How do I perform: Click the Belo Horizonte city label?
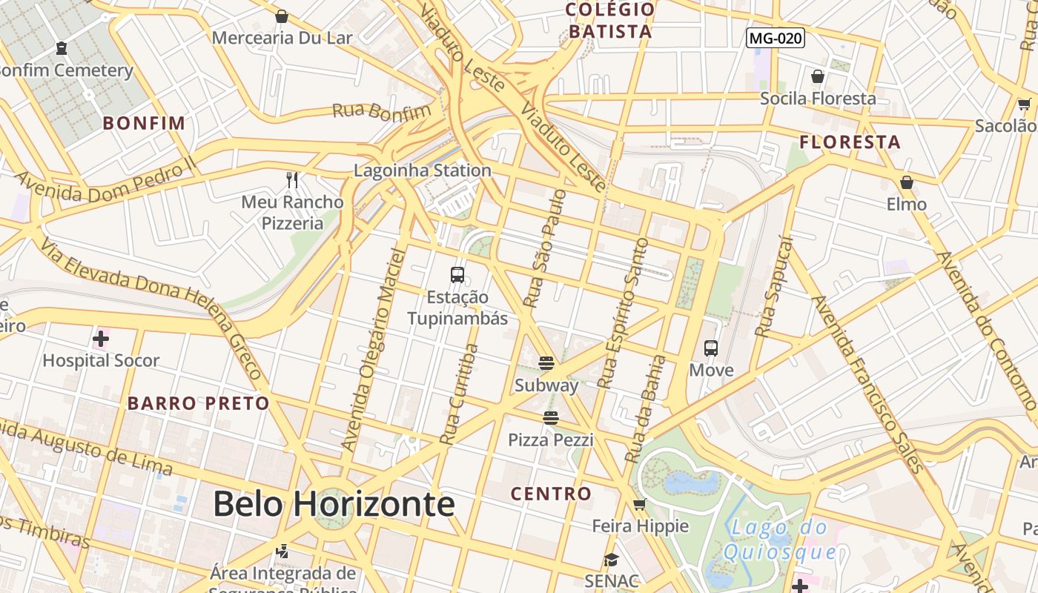tap(334, 504)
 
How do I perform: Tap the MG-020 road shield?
tap(776, 38)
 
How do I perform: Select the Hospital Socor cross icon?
tap(101, 339)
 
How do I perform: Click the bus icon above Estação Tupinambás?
tap(457, 275)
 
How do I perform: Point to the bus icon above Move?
tap(711, 348)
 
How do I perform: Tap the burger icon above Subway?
tap(546, 363)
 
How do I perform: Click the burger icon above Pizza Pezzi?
tap(550, 418)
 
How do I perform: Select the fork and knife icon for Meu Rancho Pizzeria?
tap(293, 180)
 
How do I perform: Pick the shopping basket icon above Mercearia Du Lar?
tap(282, 16)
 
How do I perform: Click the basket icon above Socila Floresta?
tap(818, 76)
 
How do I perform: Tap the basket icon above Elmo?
tap(906, 182)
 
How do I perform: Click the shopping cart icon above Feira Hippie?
tap(639, 505)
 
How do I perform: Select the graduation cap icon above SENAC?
tap(611, 560)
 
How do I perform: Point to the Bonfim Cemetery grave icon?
tap(62, 48)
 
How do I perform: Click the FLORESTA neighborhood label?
tap(850, 142)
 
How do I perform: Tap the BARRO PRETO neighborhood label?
tap(198, 403)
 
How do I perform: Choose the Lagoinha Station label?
tap(422, 170)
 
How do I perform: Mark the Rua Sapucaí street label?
tap(773, 286)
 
